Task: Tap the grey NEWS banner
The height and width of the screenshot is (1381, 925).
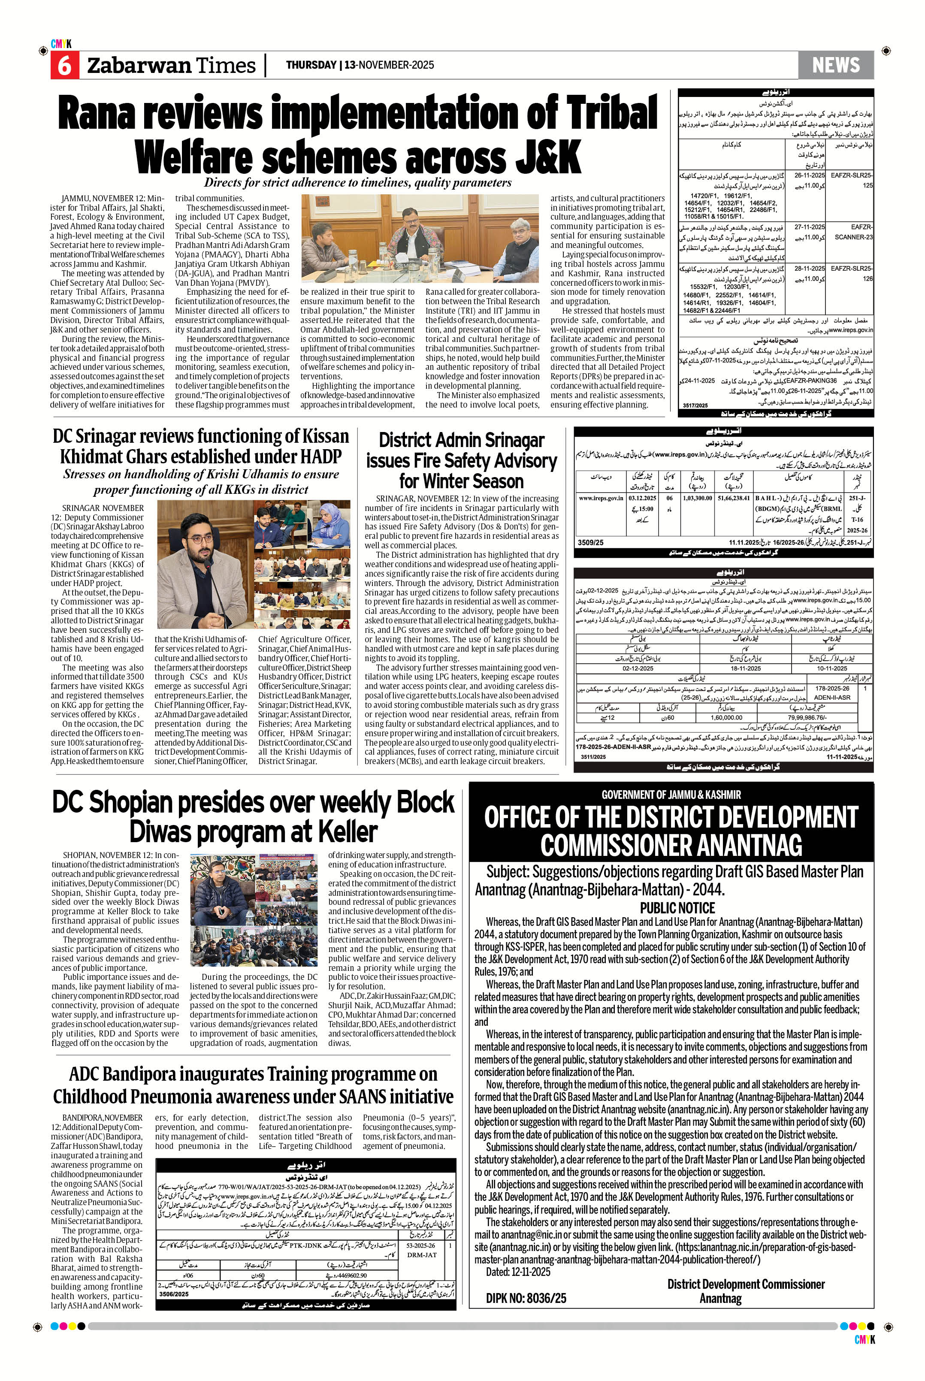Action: click(835, 64)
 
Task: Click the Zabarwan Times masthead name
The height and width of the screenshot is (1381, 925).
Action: click(171, 66)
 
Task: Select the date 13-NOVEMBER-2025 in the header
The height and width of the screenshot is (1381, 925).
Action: click(390, 65)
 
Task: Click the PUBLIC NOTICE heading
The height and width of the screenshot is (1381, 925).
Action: click(677, 908)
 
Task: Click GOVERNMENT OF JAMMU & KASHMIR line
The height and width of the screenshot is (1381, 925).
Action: click(671, 795)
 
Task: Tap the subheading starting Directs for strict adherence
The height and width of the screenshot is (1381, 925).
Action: click(357, 183)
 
